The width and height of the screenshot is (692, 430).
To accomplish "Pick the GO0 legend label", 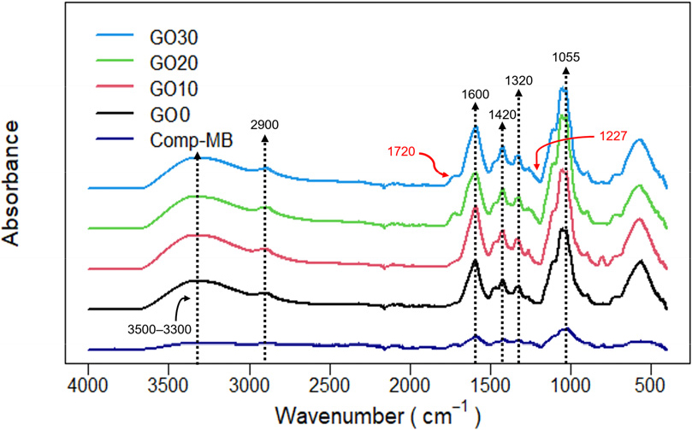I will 163,115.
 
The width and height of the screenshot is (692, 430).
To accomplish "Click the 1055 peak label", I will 565,59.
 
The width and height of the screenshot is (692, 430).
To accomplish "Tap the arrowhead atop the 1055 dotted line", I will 565,74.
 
